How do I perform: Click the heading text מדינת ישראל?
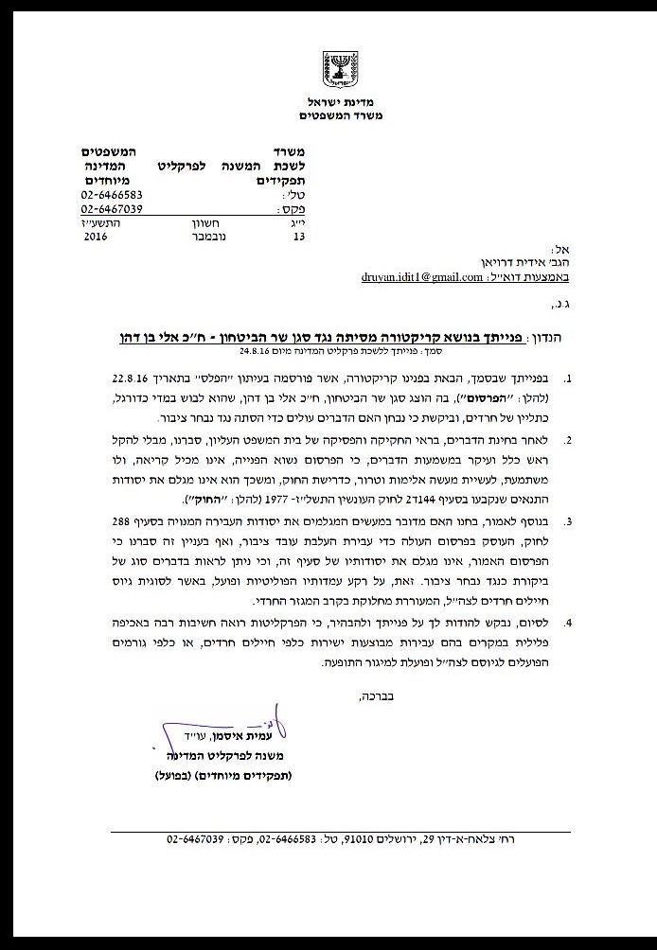pos(328,102)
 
